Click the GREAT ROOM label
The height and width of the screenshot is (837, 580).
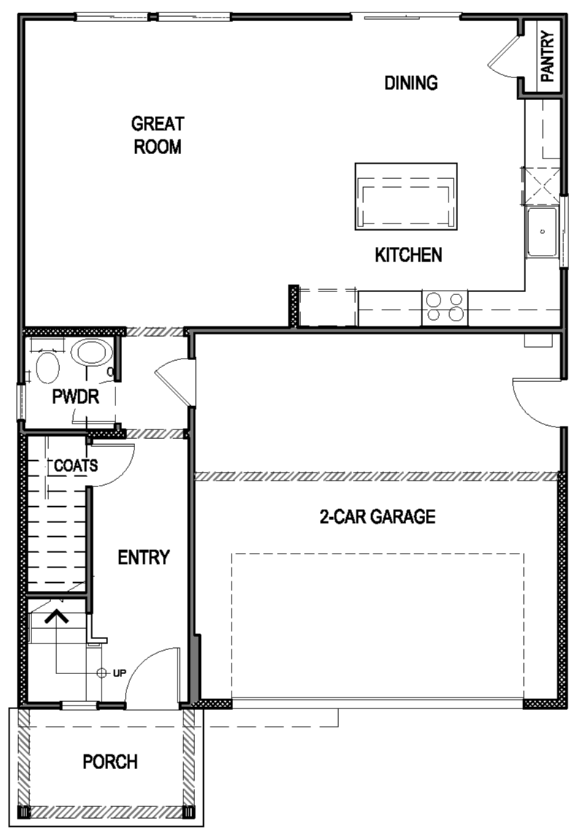[157, 135]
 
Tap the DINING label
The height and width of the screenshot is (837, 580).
[411, 83]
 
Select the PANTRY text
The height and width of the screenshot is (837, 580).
[547, 57]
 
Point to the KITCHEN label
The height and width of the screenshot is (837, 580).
[408, 255]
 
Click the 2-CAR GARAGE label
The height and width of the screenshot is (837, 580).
[378, 517]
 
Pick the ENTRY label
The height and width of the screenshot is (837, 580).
[144, 557]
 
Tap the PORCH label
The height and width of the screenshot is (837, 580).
[110, 762]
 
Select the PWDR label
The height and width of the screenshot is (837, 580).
[75, 397]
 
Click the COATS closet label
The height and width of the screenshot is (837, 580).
[75, 465]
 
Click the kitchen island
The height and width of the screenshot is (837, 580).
[406, 196]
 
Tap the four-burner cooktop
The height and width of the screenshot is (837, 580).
[445, 307]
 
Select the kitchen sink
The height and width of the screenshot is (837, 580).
[543, 232]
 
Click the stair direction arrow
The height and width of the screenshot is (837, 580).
[56, 617]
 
